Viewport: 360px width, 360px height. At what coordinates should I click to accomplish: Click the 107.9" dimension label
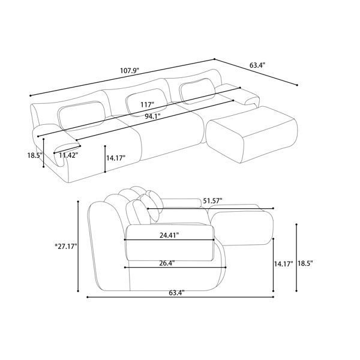click(x=130, y=70)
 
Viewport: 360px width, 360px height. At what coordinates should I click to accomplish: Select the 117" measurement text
click(x=147, y=104)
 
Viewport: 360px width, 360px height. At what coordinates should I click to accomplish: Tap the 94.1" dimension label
click(x=152, y=116)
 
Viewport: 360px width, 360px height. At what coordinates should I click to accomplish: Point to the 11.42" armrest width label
click(x=67, y=155)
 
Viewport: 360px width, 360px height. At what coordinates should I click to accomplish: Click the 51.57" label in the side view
click(x=212, y=200)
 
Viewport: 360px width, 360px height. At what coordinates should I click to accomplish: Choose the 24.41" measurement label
click(x=169, y=235)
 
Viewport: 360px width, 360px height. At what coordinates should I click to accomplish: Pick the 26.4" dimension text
click(x=167, y=263)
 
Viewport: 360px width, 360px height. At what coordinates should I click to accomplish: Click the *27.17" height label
click(x=65, y=247)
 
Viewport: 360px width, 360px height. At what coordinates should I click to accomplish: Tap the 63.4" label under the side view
click(x=177, y=293)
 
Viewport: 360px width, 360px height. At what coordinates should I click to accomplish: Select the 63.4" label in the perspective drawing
click(x=257, y=65)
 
